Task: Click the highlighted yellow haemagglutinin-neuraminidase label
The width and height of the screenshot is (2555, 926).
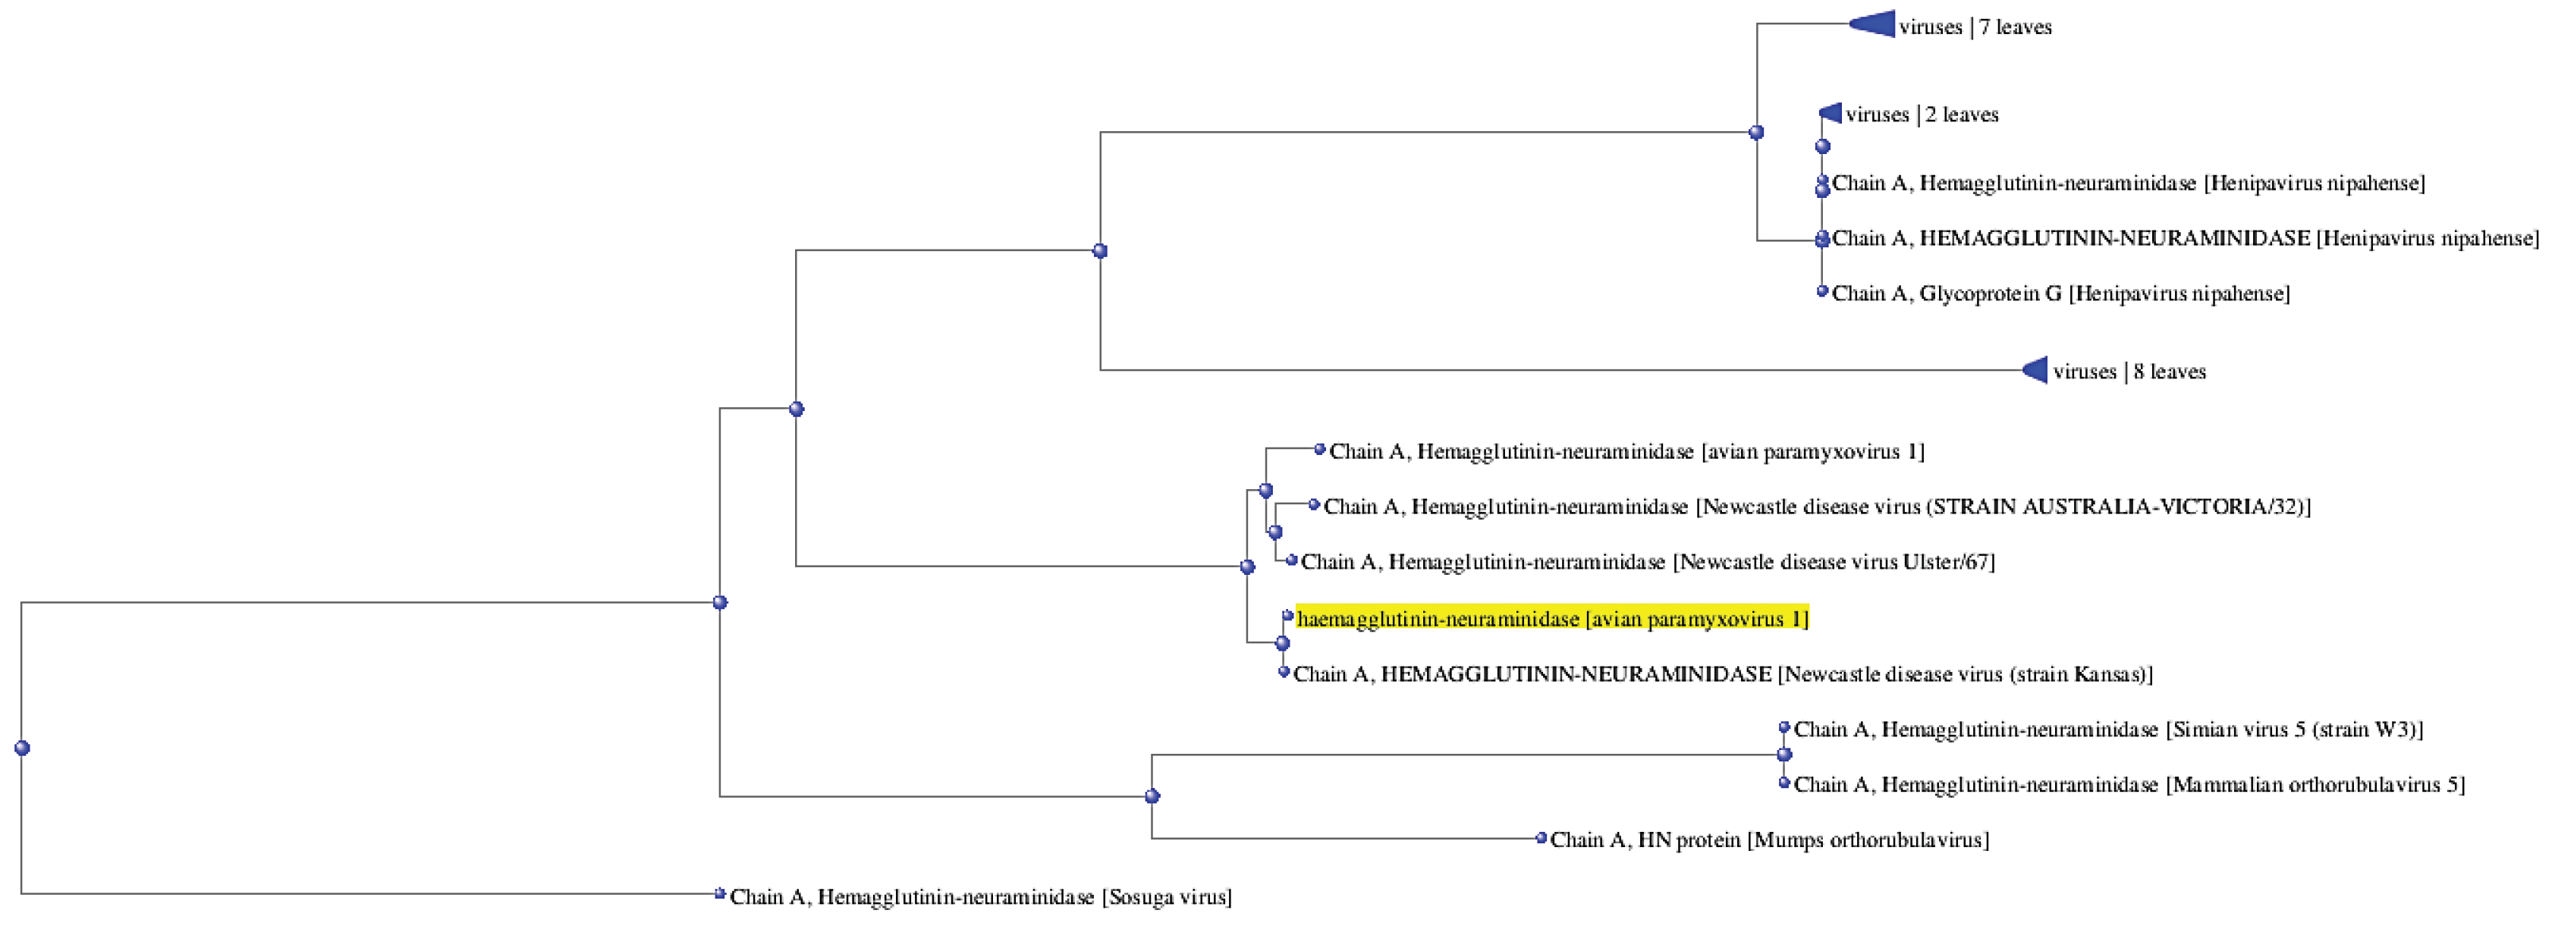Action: point(1551,619)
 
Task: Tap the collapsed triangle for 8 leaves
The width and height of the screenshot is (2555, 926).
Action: point(2035,370)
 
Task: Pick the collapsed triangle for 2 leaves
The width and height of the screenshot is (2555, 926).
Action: point(1831,113)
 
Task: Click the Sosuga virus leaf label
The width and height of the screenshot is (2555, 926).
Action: point(980,897)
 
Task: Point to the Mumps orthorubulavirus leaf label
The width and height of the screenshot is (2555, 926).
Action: point(1768,840)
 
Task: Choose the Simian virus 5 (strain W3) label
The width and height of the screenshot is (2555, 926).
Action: point(2107,730)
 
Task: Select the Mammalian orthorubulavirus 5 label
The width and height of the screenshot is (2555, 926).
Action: point(2129,784)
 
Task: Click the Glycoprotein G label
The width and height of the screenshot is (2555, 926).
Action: point(2060,293)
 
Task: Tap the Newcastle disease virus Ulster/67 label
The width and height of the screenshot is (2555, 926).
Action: point(1646,562)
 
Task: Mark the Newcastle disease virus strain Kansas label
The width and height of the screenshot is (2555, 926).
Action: point(1723,674)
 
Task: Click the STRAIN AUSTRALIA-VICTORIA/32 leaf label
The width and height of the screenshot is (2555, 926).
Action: point(1816,507)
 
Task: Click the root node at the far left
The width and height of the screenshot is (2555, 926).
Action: point(22,748)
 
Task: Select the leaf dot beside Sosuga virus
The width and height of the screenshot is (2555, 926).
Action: point(720,893)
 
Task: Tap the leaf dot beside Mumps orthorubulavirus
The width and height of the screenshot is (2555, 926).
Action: point(1540,838)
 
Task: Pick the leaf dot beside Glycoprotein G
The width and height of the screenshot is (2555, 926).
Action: point(1822,290)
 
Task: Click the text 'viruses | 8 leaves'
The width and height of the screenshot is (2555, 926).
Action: point(2129,372)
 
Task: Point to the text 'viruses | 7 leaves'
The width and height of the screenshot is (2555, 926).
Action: point(1975,27)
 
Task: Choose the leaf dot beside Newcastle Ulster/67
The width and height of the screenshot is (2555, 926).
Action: point(1291,560)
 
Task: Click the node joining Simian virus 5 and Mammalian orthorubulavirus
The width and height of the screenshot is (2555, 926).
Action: point(1784,755)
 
